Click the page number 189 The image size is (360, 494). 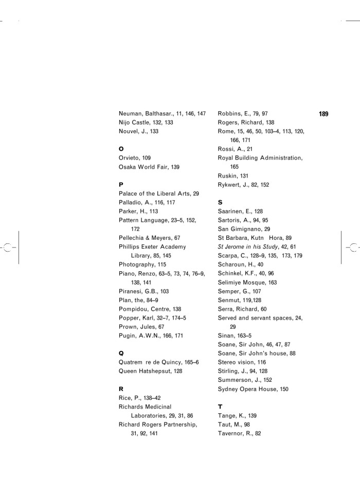[323, 114]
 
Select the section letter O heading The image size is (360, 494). [121, 149]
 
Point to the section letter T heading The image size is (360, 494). [220, 407]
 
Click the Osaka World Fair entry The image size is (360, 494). [146, 167]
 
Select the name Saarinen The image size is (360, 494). [231, 211]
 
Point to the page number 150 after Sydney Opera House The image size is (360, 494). [284, 389]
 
